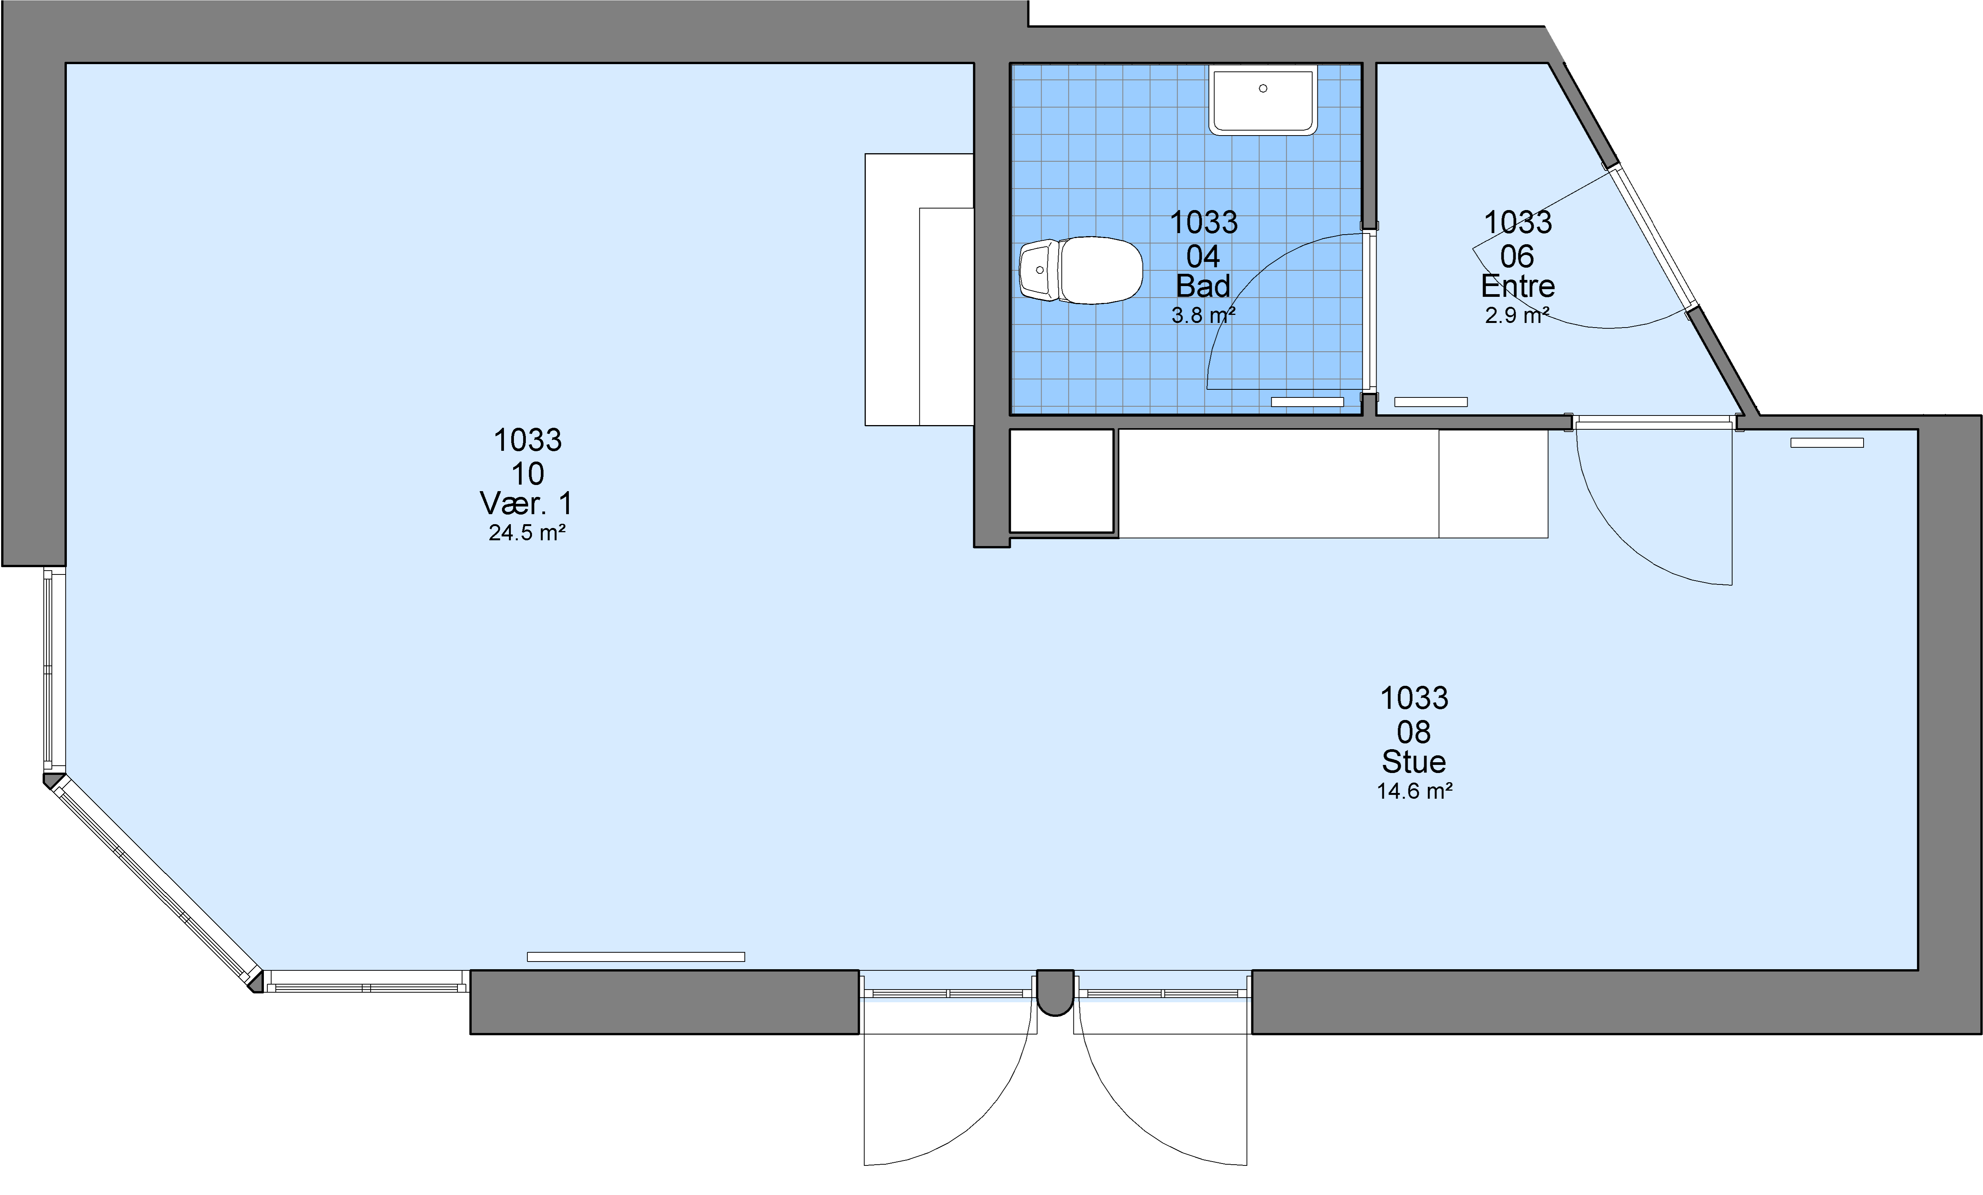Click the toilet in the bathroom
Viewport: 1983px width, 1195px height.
coord(1081,270)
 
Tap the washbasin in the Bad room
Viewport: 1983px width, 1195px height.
coord(1263,100)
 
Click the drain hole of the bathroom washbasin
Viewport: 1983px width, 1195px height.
coord(1263,89)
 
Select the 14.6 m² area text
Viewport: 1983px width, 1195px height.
coord(1414,791)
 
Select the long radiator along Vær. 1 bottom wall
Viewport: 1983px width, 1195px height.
coord(636,957)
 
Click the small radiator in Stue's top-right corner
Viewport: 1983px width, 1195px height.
coord(1827,443)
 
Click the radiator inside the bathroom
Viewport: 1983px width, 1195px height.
coord(1307,402)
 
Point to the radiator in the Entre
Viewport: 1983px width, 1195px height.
coord(1431,402)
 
